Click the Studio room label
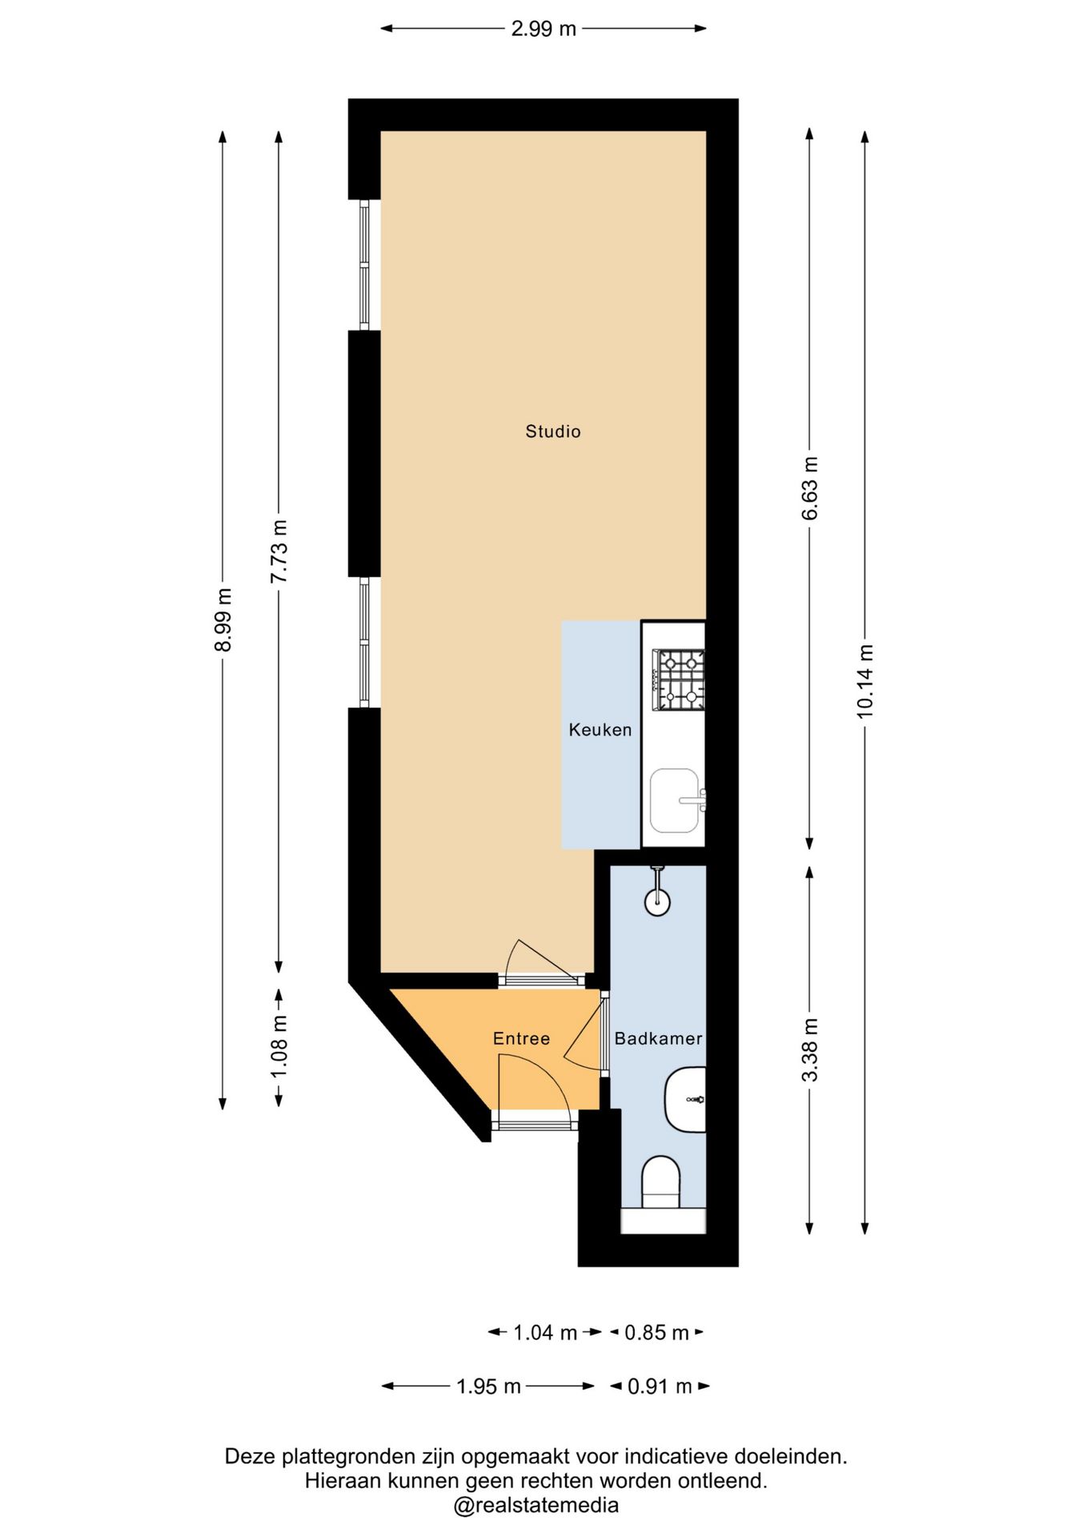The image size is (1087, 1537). (552, 431)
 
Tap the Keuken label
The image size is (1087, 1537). (600, 729)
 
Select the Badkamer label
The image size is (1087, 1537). (658, 1038)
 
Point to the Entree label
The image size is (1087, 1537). (521, 1038)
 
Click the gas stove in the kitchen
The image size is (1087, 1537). (679, 680)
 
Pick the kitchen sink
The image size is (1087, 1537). (677, 801)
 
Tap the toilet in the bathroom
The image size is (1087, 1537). (661, 1182)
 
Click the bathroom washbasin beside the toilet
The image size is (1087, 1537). (685, 1099)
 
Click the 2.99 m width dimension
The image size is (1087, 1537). (543, 29)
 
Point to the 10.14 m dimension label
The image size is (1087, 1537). (865, 680)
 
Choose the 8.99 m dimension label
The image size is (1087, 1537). (223, 620)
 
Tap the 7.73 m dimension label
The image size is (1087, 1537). (279, 552)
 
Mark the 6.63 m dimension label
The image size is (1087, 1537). (810, 488)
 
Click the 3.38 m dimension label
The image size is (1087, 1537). (810, 1049)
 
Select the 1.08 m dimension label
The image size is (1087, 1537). (279, 1046)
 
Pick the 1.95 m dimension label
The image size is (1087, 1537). (488, 1386)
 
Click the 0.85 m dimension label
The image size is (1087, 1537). (656, 1332)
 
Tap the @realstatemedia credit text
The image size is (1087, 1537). (536, 1505)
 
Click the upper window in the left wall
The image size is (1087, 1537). (364, 264)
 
